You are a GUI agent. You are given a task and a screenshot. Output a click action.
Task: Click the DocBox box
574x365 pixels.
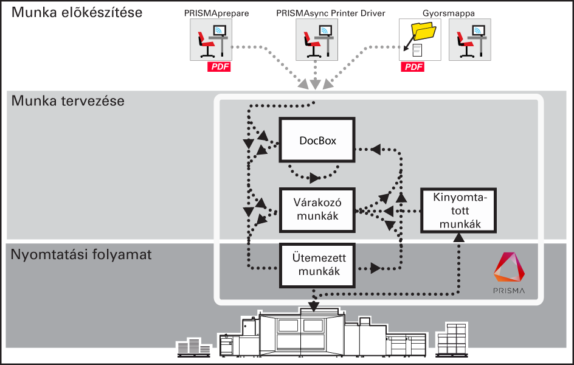point(317,140)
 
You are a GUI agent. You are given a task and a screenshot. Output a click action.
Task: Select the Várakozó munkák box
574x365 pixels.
point(317,210)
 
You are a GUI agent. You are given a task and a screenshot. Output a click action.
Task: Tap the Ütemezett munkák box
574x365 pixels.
point(317,265)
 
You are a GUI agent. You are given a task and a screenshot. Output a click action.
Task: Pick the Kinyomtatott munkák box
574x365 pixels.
point(458,210)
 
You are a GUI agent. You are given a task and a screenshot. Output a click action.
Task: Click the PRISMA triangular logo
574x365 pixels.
point(509,267)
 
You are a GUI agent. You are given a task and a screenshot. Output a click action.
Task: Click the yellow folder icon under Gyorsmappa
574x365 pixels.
point(424,31)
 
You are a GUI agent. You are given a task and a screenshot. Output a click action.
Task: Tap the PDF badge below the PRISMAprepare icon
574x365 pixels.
point(219,67)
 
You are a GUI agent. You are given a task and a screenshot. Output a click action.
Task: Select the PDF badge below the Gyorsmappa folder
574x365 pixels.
point(412,67)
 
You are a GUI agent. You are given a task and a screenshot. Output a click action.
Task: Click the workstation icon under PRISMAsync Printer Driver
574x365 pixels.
point(317,40)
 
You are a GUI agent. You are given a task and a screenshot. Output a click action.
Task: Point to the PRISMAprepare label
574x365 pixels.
point(216,13)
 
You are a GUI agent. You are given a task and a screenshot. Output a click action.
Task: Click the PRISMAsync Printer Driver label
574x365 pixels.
point(331,13)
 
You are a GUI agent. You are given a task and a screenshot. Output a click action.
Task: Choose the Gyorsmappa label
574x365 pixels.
point(449,13)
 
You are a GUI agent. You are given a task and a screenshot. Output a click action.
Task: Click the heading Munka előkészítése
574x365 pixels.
point(77,12)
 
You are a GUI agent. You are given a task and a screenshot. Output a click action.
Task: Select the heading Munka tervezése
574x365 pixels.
point(68,100)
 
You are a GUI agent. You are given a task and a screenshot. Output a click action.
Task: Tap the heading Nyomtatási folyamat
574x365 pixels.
point(81,254)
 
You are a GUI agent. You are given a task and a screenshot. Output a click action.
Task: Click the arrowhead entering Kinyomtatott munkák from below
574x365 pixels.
point(458,238)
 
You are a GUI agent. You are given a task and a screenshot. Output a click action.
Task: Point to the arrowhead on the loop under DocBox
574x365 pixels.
point(314,178)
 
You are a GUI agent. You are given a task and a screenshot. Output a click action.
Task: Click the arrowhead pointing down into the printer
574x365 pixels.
point(314,306)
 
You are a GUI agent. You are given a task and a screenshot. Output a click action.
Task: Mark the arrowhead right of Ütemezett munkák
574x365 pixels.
point(375,268)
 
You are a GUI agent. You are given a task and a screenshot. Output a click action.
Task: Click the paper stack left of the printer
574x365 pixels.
point(193,347)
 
